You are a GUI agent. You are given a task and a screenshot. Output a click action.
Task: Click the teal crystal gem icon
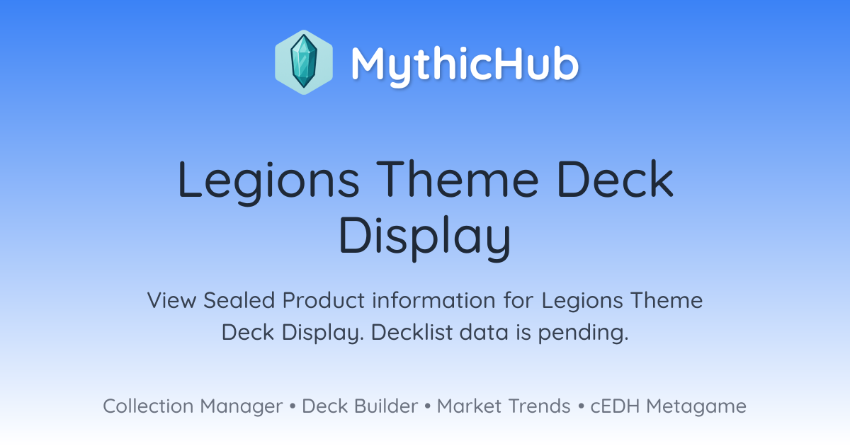[304, 62]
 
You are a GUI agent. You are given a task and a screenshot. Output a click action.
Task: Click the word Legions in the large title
[268, 181]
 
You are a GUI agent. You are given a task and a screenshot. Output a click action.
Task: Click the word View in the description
[172, 300]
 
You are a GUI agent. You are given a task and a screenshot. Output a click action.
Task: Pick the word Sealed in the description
[239, 300]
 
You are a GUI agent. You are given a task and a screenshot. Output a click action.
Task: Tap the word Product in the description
[323, 300]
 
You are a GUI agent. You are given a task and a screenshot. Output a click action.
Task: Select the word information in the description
[433, 300]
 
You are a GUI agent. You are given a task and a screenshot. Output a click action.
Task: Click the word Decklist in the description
[412, 332]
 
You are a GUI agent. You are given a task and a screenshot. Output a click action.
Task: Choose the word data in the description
[484, 332]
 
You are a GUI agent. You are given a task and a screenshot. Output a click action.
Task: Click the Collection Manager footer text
[193, 406]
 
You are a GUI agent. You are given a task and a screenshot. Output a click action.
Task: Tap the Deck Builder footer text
[360, 406]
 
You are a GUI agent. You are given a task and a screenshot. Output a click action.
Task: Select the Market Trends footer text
[504, 406]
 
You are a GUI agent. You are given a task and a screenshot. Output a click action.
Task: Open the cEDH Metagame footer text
[668, 406]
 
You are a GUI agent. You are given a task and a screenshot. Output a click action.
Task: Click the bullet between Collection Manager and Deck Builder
[292, 406]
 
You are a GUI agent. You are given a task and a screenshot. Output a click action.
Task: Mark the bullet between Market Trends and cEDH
[581, 406]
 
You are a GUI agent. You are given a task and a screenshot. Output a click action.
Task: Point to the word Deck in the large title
[616, 178]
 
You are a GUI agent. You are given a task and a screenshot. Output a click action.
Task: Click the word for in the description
[518, 300]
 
